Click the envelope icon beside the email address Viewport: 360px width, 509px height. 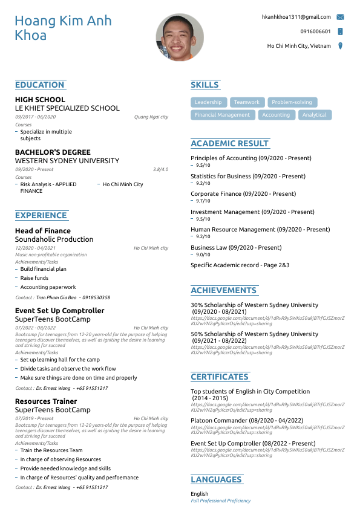point(340,17)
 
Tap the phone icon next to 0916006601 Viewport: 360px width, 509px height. point(340,31)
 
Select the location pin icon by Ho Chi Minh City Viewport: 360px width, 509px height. point(340,46)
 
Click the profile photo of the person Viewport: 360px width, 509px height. point(180,37)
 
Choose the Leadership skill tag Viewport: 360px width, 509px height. point(209,102)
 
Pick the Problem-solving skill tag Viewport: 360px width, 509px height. point(292,102)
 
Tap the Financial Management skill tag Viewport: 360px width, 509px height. point(222,115)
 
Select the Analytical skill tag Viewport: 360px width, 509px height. point(314,115)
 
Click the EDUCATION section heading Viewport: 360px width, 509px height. point(39,85)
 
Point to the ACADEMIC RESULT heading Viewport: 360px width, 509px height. point(229,143)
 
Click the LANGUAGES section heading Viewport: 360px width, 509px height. point(216,479)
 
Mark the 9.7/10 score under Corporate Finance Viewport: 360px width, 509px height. point(203,201)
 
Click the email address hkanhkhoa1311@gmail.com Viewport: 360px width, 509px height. point(296,17)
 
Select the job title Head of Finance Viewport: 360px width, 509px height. point(42,230)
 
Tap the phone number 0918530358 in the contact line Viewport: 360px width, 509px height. point(96,297)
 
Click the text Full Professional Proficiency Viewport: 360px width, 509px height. point(220,501)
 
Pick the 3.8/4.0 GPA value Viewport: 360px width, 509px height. point(160,169)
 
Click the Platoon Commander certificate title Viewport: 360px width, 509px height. point(247,420)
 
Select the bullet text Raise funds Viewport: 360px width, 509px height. point(34,278)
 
